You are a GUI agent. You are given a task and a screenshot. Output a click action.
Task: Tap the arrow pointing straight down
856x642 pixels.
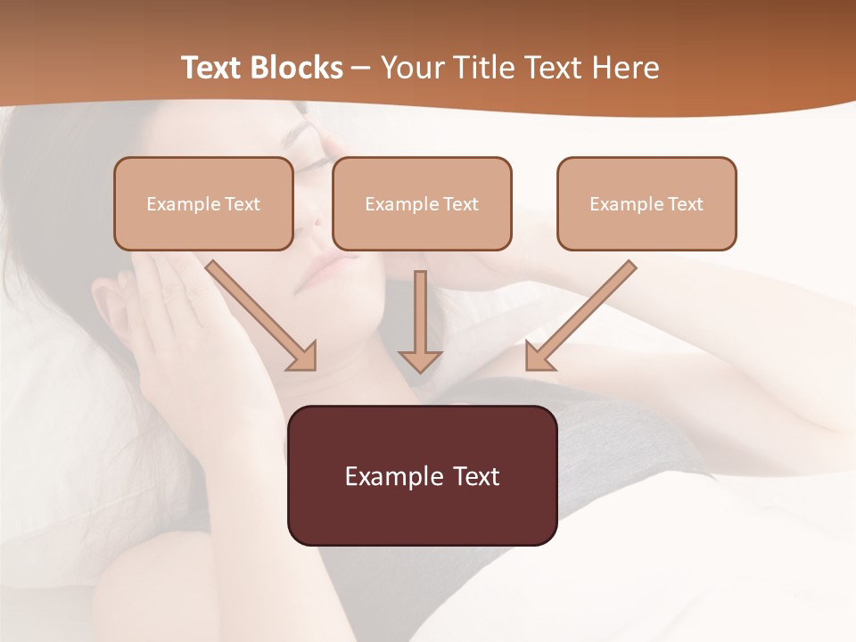[420, 321]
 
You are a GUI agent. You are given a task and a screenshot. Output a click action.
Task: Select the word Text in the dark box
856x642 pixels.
[474, 476]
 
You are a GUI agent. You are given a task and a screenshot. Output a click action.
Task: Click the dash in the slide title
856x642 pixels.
[361, 69]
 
